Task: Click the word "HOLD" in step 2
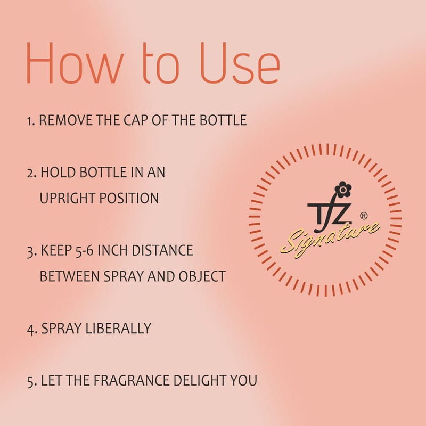tap(58, 172)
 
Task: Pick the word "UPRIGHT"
tap(68, 198)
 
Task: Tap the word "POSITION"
tap(129, 198)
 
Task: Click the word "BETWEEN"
tap(70, 276)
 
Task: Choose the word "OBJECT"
tap(202, 276)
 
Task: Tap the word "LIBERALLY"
tap(118, 328)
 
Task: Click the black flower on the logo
tap(343, 189)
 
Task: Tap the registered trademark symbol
tap(364, 216)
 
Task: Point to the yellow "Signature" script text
tap(330, 239)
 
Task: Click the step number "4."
tap(32, 329)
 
